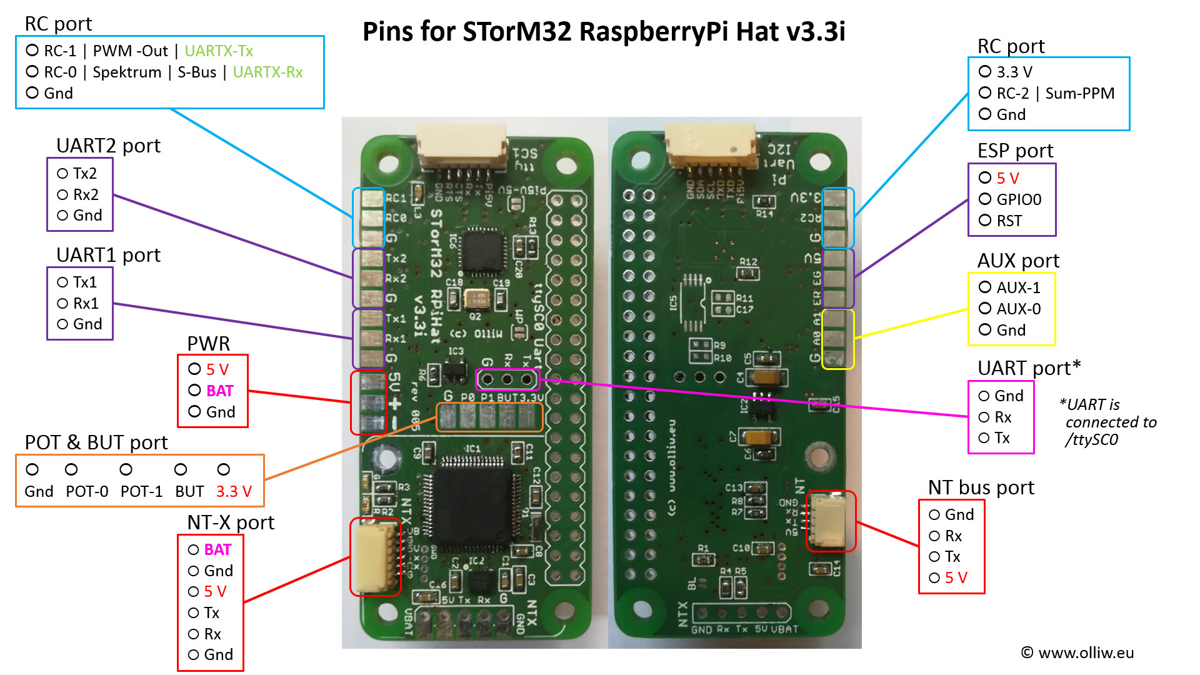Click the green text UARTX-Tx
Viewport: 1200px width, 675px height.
[218, 51]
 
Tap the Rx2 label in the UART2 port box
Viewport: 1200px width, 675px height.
[86, 194]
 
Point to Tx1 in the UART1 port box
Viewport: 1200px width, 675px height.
[85, 282]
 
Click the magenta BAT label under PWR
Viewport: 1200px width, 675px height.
[219, 391]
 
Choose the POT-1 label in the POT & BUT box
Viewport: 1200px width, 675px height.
[141, 491]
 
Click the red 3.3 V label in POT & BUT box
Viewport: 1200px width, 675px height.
[234, 491]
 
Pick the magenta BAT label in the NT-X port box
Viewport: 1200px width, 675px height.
[217, 549]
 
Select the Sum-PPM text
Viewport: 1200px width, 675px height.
[1079, 93]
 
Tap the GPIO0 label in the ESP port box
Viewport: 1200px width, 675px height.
[1019, 199]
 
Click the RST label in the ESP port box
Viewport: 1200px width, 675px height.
[1009, 221]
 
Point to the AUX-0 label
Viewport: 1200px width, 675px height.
[1018, 309]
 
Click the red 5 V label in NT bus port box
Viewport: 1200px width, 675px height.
[956, 577]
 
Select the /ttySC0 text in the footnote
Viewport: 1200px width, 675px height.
[1091, 439]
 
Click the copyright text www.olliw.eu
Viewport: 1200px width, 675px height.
[1086, 652]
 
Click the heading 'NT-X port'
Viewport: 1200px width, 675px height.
[231, 522]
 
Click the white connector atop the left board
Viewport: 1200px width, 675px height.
[462, 145]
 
